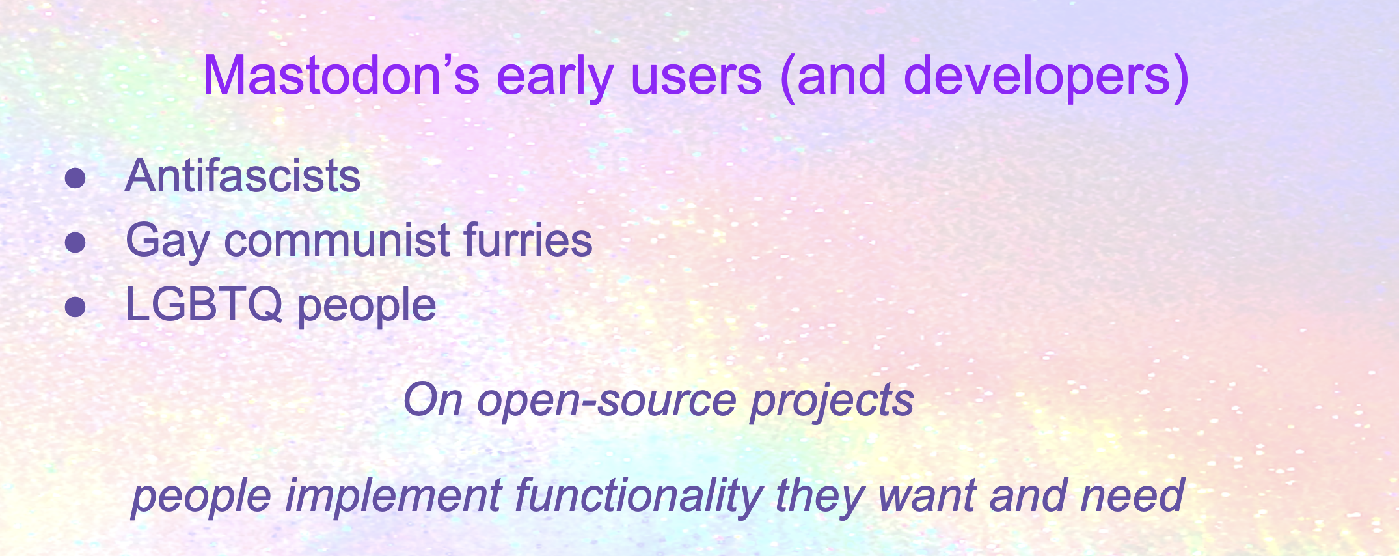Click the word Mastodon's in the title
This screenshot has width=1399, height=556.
(342, 76)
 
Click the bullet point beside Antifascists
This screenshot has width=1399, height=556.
(75, 178)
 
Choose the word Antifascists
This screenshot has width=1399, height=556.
(243, 176)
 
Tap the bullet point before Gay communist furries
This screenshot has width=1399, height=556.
(75, 242)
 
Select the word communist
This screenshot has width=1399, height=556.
(337, 240)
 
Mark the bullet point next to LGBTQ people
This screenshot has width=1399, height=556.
(75, 306)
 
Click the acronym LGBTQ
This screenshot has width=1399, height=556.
(204, 304)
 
